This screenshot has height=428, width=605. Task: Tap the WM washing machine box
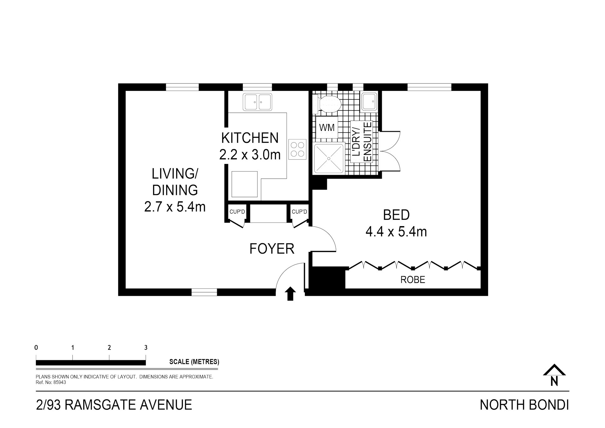327,128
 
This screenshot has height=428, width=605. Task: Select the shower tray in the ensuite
329,158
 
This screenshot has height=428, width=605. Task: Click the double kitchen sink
257,102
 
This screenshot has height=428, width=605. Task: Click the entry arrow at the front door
290,294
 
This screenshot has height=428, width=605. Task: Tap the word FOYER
272,249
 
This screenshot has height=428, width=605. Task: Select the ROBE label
413,279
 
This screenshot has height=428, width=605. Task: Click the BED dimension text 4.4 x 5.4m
396,232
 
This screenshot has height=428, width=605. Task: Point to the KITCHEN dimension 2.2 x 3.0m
250,155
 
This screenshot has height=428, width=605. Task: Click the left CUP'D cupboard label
237,212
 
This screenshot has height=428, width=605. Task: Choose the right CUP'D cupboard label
299,212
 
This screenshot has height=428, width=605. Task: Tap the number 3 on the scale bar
146,348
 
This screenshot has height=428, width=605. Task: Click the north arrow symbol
554,375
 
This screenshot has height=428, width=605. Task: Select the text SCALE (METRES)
194,362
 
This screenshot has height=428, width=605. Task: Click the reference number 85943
60,382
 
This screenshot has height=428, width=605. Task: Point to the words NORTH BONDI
524,405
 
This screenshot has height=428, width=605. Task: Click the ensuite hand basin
369,102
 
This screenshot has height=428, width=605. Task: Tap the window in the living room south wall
204,292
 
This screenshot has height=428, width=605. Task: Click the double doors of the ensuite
390,151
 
